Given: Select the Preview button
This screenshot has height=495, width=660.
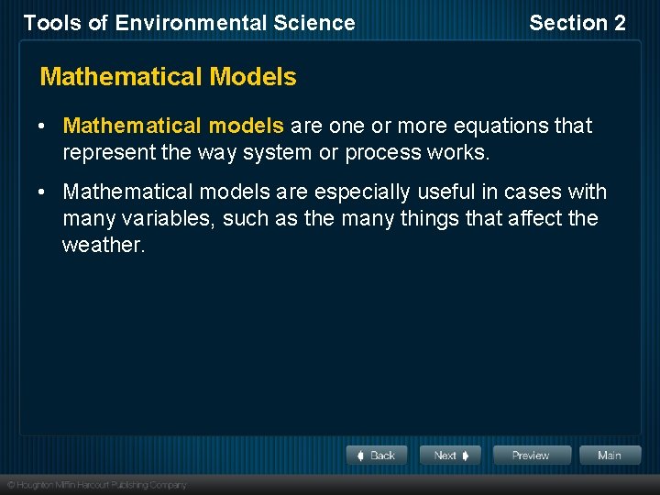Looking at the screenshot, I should coord(531,456).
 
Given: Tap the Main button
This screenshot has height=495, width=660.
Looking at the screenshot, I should coord(609,456).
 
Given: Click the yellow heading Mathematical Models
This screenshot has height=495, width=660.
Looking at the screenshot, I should coord(169,77).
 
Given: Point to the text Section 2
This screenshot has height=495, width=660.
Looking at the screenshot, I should coord(577,23).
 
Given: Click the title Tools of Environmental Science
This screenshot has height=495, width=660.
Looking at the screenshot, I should coord(189,23).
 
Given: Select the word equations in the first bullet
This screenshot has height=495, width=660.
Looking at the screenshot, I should coord(500,126).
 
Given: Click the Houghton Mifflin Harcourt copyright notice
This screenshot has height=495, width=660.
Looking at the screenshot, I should coord(96,484).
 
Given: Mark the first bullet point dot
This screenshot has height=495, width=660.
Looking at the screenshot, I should coord(44,126).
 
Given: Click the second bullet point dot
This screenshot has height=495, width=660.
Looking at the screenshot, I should coord(44,192).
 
